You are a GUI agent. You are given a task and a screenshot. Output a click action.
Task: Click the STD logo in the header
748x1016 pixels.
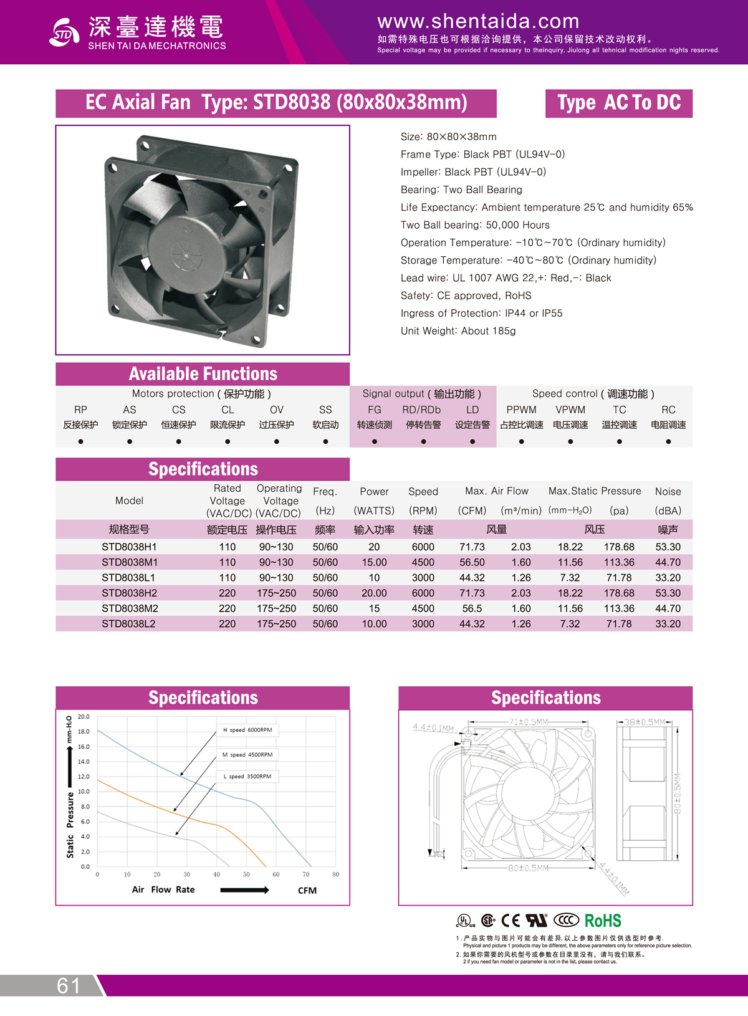click(64, 32)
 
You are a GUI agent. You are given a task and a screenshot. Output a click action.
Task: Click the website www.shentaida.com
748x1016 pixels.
click(478, 22)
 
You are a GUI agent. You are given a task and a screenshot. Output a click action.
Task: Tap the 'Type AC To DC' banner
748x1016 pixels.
click(618, 103)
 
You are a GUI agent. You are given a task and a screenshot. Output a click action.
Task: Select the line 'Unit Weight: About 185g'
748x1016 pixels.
click(458, 331)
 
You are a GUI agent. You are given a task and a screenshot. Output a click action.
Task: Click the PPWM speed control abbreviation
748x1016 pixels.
click(521, 410)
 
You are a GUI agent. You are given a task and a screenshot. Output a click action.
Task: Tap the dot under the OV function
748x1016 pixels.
click(277, 441)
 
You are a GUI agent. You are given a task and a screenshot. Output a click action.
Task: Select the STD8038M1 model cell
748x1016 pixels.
click(130, 562)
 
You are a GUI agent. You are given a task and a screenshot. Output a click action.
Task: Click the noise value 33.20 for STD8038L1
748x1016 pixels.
click(668, 578)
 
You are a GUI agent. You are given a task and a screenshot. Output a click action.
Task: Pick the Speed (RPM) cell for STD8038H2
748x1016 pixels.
click(423, 593)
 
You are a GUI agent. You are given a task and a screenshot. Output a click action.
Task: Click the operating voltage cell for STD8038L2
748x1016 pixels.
click(276, 624)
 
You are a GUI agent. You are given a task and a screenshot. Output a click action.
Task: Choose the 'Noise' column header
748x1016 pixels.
click(668, 492)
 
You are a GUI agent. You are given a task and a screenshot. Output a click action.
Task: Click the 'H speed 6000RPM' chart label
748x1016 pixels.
click(247, 730)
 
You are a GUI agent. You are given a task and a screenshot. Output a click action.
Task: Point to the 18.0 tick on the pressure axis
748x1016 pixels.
click(84, 732)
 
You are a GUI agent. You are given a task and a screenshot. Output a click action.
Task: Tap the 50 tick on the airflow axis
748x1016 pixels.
click(246, 875)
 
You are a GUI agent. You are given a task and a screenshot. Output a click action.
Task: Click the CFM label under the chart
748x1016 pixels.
click(307, 891)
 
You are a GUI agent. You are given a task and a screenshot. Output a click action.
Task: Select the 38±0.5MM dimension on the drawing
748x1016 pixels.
click(645, 722)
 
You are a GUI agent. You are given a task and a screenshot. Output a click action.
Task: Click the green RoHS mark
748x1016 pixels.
click(603, 921)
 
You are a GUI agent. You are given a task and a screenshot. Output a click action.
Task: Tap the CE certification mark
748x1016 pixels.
click(510, 921)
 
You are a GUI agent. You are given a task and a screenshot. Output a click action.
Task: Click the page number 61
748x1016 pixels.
click(69, 985)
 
